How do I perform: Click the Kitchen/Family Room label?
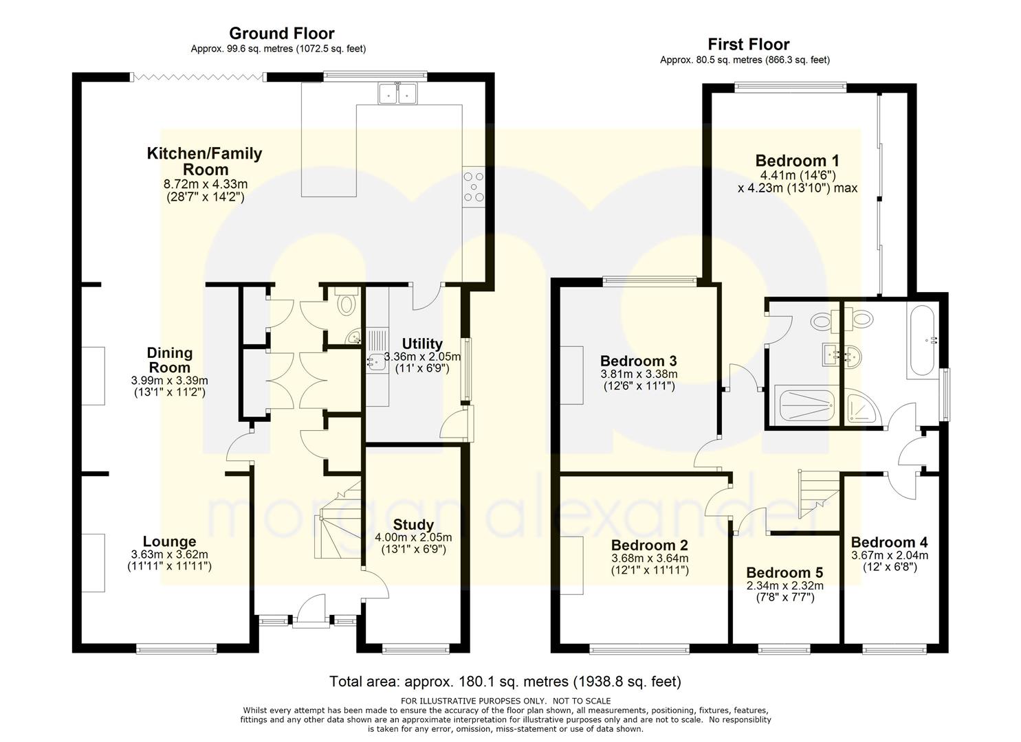coord(204,161)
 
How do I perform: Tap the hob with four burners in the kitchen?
coord(474,185)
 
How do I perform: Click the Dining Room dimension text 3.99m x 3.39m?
coord(169,380)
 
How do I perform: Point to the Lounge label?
coord(169,541)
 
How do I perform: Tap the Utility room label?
coord(422,344)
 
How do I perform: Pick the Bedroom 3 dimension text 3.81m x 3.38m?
coord(638,374)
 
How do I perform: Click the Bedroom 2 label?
coord(650,545)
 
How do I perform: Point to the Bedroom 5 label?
coord(784,572)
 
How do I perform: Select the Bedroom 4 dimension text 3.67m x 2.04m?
coord(889,556)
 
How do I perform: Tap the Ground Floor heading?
coord(281,33)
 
